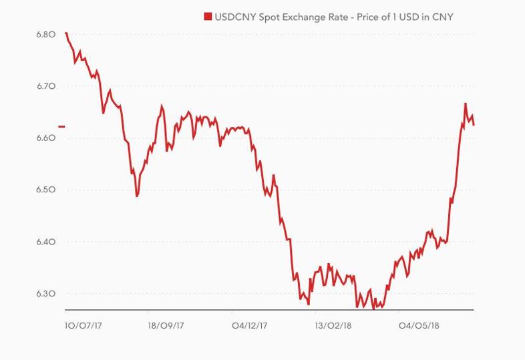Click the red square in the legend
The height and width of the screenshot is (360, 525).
pos(208,17)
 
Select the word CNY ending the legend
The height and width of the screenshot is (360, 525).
pos(442,17)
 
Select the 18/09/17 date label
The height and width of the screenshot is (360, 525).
pos(166,327)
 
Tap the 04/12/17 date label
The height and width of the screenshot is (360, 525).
pos(249,327)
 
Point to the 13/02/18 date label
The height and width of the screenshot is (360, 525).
pos(333,327)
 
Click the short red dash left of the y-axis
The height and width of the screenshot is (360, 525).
pos(62,126)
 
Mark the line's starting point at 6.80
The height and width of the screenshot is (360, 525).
pos(65,33)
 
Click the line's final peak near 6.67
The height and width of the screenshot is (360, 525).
pos(466,104)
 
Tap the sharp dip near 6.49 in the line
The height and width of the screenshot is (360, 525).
pos(137,195)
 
